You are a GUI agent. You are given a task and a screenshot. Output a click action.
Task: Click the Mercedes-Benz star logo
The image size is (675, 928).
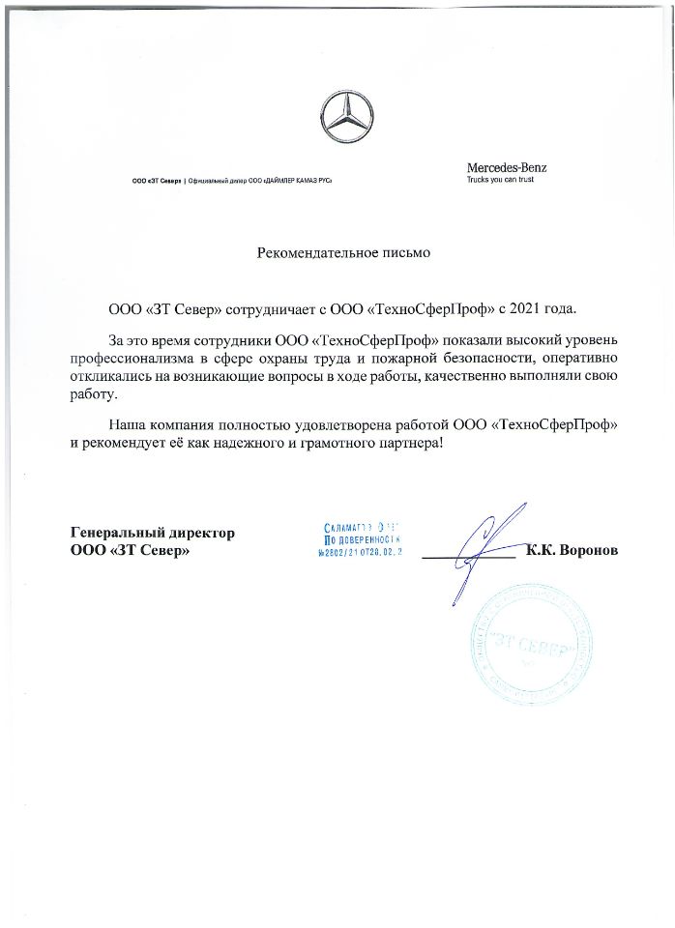(x=346, y=119)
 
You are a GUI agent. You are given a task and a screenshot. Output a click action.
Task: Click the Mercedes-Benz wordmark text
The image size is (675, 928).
(x=506, y=167)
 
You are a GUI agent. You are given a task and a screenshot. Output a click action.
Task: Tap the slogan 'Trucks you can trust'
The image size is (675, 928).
(x=500, y=180)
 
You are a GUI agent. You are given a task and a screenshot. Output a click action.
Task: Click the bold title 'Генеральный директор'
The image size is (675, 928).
(x=153, y=533)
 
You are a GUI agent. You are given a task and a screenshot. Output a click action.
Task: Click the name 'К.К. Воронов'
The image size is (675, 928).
(x=572, y=550)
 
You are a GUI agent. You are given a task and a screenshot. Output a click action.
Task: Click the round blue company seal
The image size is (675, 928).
(x=535, y=648)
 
